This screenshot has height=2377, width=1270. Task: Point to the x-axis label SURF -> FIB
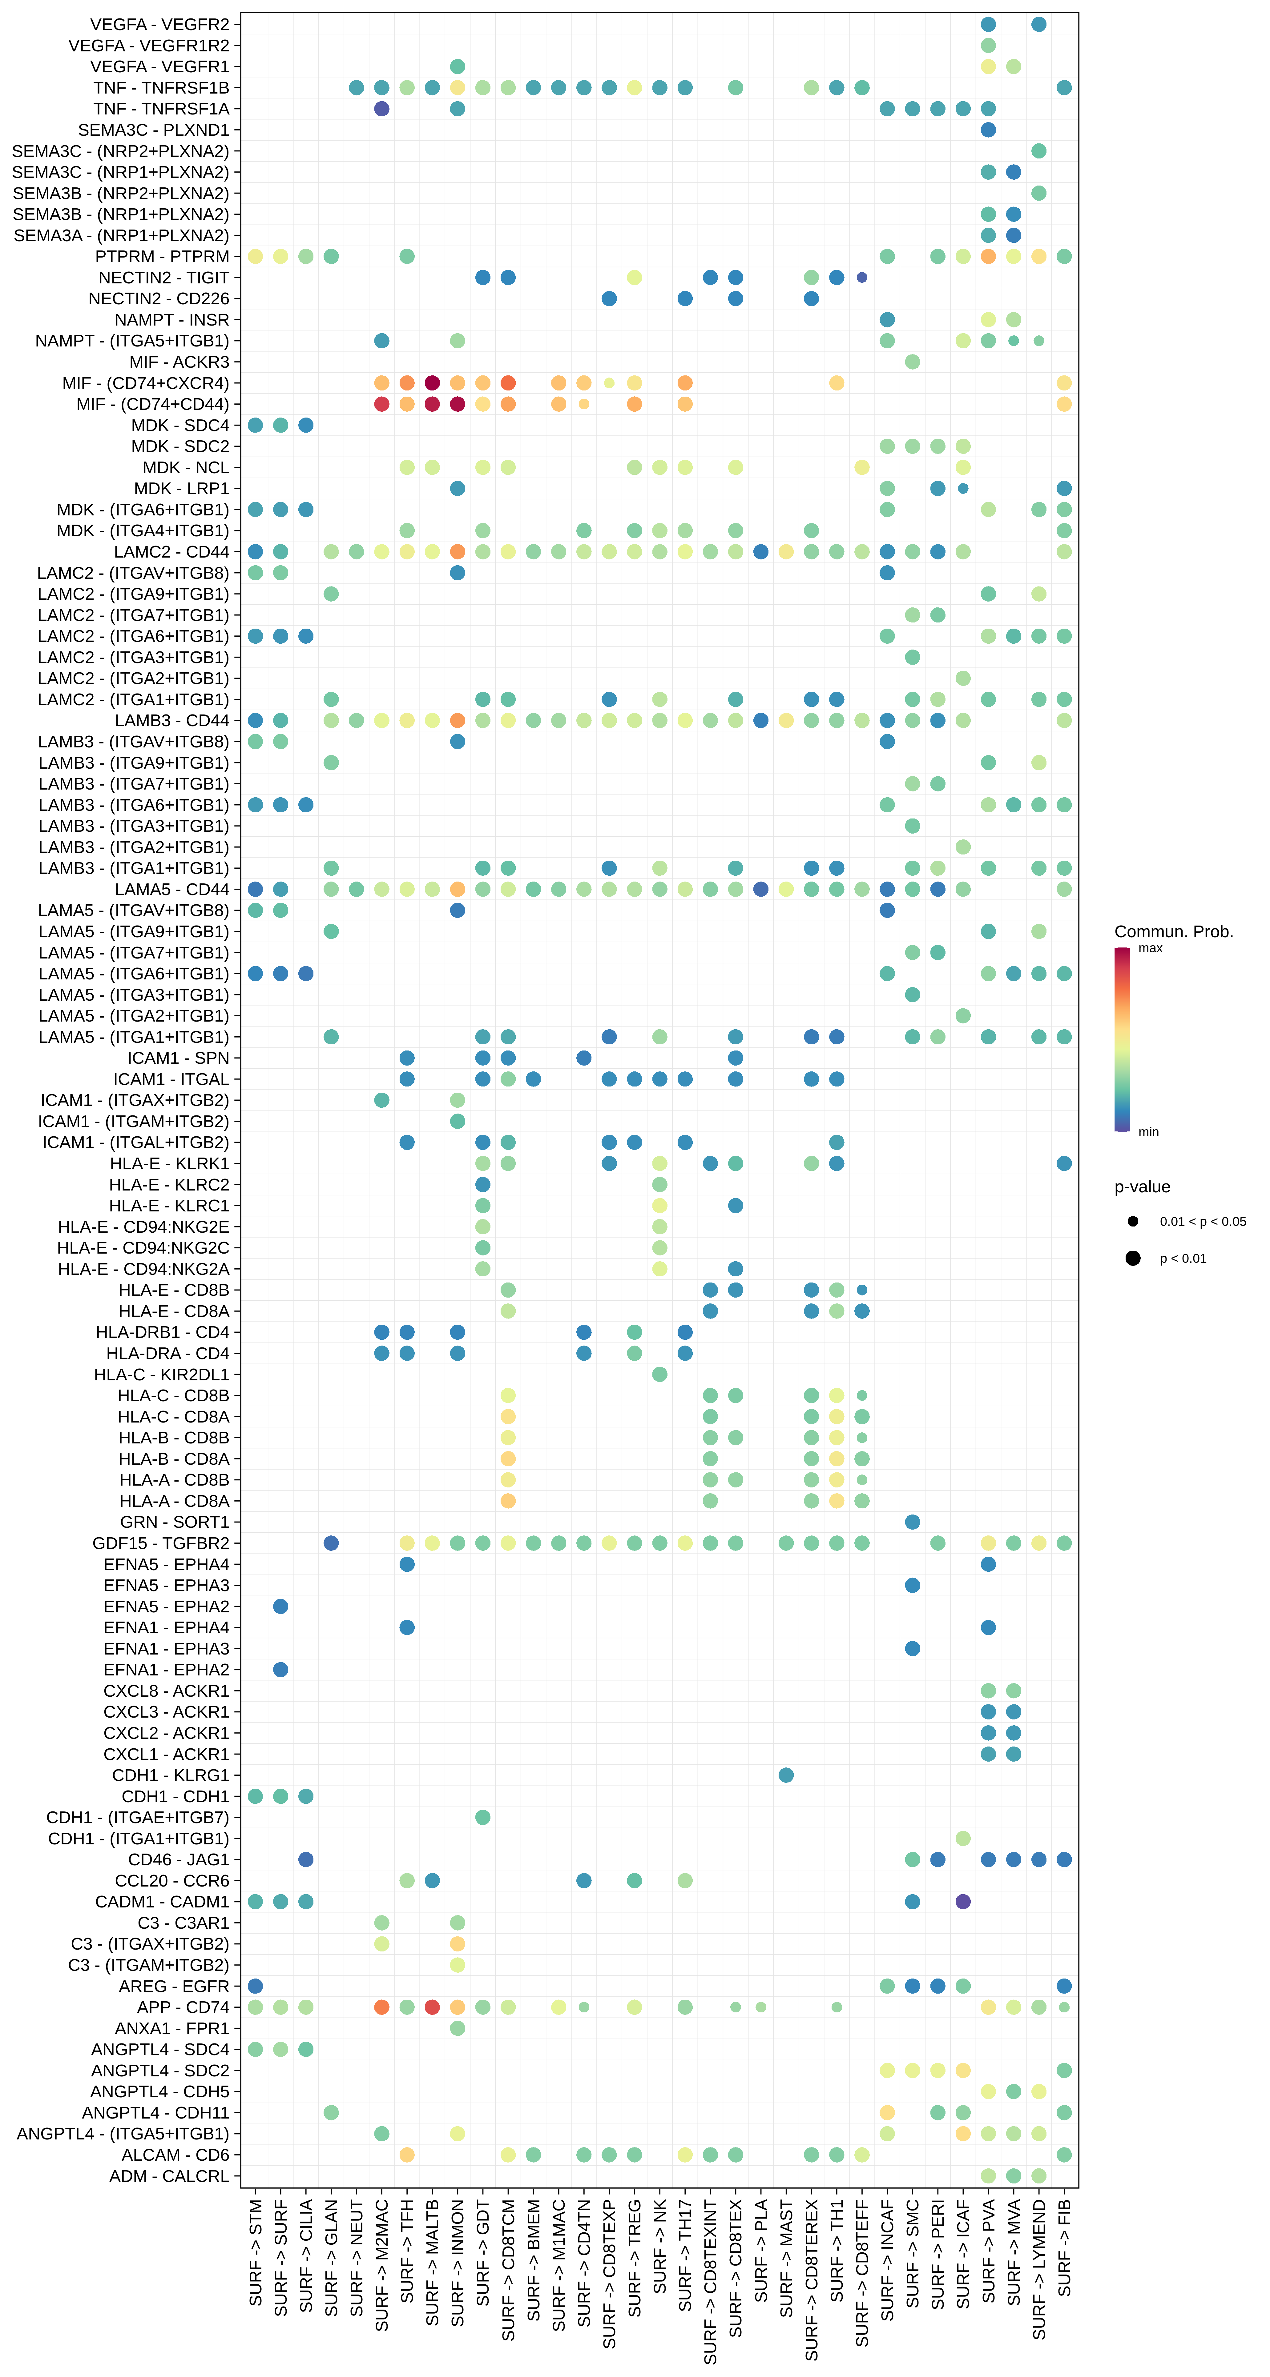pos(1064,2247)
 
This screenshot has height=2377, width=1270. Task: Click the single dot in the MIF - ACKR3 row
pos(912,362)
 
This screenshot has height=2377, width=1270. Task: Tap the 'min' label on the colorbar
pos(1148,1132)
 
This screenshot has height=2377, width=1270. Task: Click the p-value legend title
pos(1142,1187)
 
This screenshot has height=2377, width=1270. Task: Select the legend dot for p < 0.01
pos(1132,1259)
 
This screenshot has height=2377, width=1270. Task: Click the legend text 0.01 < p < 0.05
pos(1202,1222)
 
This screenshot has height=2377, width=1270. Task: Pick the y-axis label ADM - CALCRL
pos(169,2176)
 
